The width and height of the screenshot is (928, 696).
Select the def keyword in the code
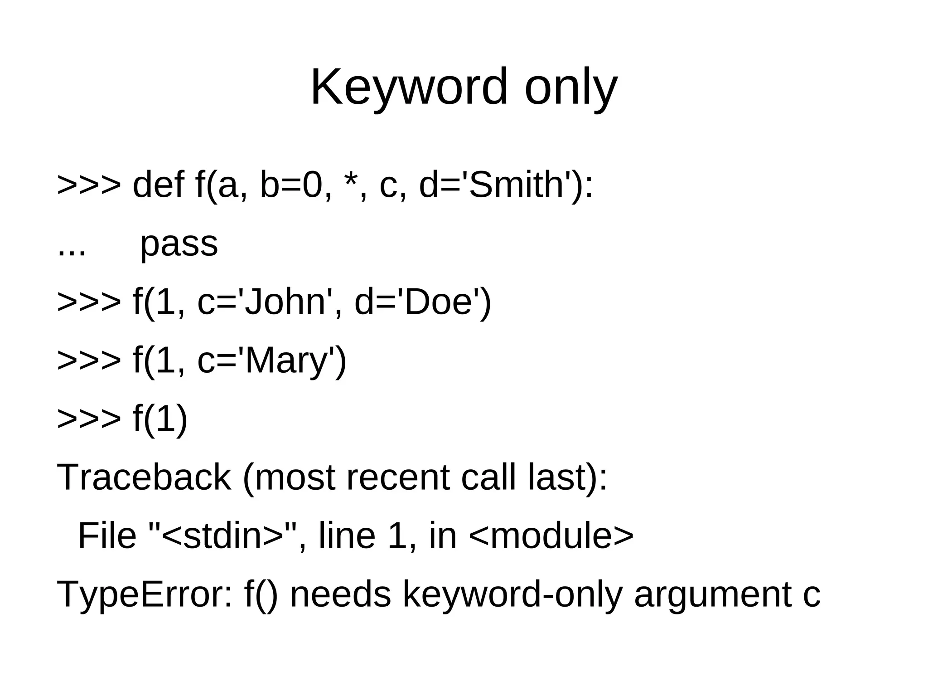158,185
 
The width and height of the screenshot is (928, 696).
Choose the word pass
179,244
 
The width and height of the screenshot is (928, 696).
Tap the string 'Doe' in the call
438,302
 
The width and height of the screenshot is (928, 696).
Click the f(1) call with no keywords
160,419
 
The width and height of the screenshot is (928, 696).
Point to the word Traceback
144,477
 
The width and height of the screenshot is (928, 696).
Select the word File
107,536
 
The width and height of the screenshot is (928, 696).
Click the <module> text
551,536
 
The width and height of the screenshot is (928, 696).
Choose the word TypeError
144,594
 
